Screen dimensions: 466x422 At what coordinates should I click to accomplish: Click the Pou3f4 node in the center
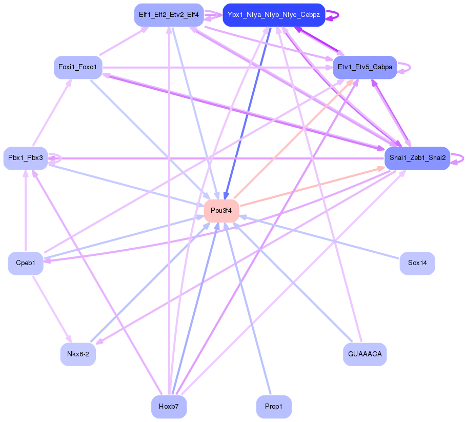point(221,211)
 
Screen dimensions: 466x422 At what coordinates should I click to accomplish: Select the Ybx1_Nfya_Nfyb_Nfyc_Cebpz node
point(274,15)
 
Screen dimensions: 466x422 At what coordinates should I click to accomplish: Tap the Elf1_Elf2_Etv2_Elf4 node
point(169,15)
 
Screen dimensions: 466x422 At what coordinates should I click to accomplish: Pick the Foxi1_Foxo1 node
point(78,67)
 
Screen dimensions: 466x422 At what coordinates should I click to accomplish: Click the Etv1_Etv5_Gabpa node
point(364,67)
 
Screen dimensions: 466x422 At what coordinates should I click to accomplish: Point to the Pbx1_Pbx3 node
point(26,158)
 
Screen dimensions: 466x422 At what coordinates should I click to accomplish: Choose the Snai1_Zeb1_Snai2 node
point(417,158)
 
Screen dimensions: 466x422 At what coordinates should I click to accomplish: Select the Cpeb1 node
point(26,263)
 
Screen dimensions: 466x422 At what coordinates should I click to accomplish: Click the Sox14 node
point(417,263)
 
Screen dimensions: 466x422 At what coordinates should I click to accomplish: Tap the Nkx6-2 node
point(78,354)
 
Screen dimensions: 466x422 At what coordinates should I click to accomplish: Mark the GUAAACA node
point(364,354)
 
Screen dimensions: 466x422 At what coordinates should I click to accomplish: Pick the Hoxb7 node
point(169,407)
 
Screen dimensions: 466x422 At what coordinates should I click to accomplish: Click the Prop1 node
point(274,407)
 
